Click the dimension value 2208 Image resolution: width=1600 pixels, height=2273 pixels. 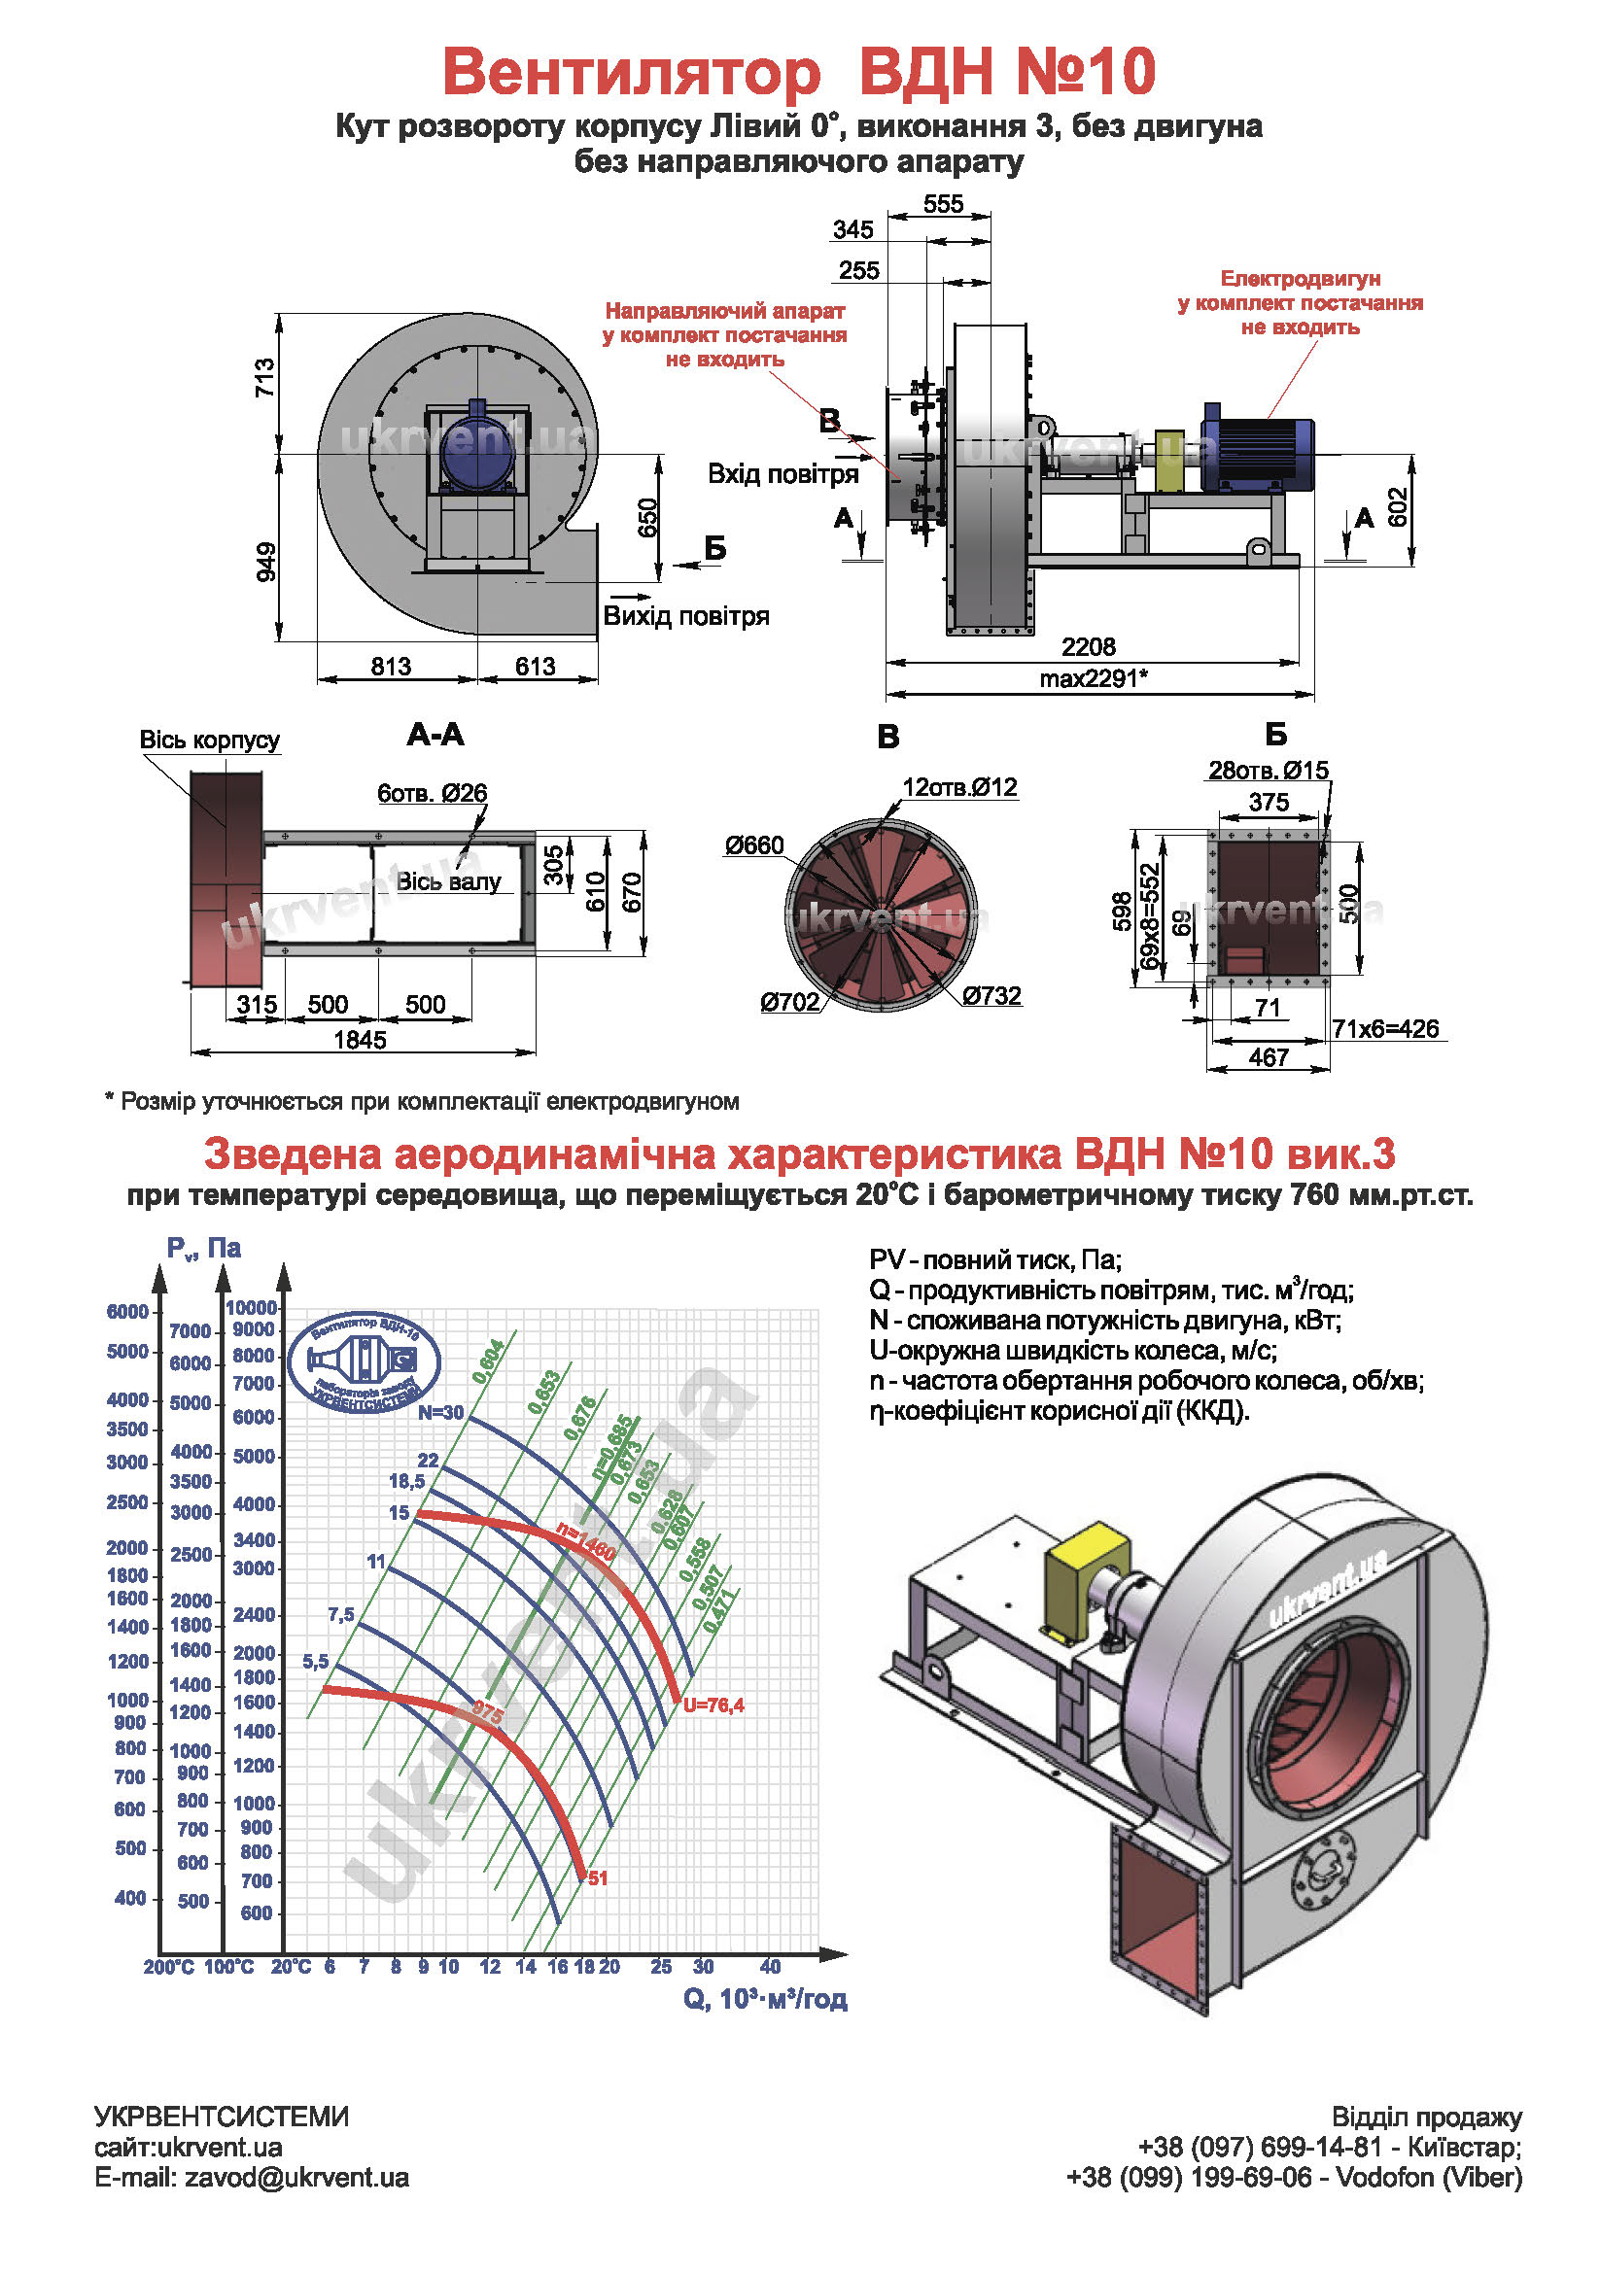[1087, 646]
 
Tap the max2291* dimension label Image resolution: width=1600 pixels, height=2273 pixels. [1093, 678]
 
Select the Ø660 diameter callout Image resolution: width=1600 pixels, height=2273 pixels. [753, 845]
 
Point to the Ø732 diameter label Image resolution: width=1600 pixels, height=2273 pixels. [991, 996]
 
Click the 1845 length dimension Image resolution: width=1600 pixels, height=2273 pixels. [360, 1040]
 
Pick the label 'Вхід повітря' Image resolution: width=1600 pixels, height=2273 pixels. [783, 474]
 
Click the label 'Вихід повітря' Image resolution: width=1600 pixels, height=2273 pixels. [686, 616]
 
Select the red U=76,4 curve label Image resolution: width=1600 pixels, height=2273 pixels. [713, 1705]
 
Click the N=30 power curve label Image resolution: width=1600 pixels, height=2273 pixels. [439, 1413]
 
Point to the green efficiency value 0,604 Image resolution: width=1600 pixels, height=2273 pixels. [488, 1361]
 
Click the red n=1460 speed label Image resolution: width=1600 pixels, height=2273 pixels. [586, 1542]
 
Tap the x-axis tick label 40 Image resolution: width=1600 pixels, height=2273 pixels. [769, 1966]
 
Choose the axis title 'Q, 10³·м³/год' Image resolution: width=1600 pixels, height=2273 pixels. [764, 1999]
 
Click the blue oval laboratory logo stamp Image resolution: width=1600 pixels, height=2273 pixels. [364, 1363]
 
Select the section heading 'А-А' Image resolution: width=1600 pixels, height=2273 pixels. [435, 735]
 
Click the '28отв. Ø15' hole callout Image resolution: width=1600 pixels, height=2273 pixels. [1268, 771]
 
